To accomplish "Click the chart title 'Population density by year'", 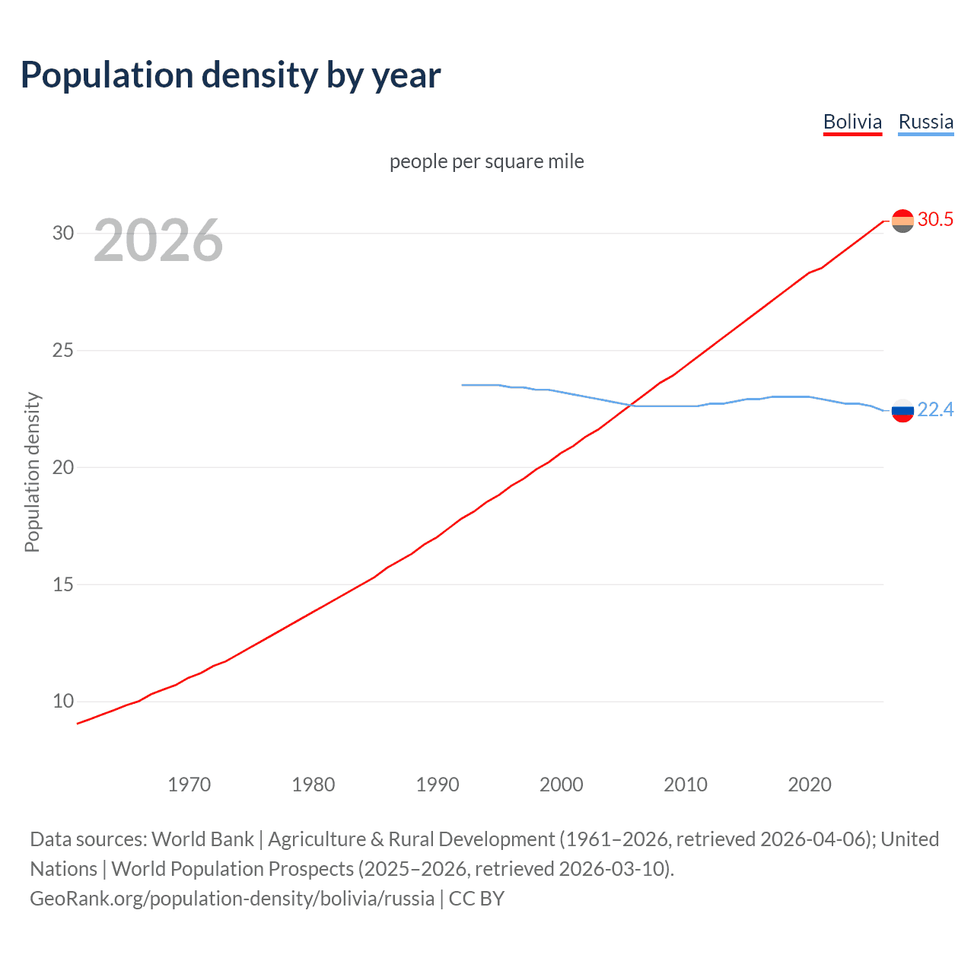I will click(x=231, y=75).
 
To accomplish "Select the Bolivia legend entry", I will click(x=852, y=122).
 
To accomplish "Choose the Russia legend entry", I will click(x=925, y=122).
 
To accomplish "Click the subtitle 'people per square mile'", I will click(x=487, y=161).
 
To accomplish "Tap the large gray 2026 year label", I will click(x=158, y=240).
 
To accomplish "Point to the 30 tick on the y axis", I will click(x=63, y=233).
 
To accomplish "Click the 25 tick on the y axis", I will click(x=63, y=350).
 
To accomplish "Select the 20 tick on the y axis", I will click(x=63, y=467).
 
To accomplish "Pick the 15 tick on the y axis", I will click(x=63, y=584).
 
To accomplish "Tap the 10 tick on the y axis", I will click(x=63, y=702).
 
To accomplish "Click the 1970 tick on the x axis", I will click(x=189, y=785).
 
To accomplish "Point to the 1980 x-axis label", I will click(x=313, y=785).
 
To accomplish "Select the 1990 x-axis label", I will click(x=437, y=785).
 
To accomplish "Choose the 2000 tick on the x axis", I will click(x=561, y=785).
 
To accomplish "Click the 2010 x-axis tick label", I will click(x=685, y=785).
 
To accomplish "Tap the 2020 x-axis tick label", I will click(x=809, y=785).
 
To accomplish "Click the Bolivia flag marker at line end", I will click(x=902, y=221).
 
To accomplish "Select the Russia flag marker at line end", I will click(x=902, y=410).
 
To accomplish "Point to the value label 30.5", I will click(x=935, y=220).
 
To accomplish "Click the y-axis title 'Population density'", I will click(x=32, y=472).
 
